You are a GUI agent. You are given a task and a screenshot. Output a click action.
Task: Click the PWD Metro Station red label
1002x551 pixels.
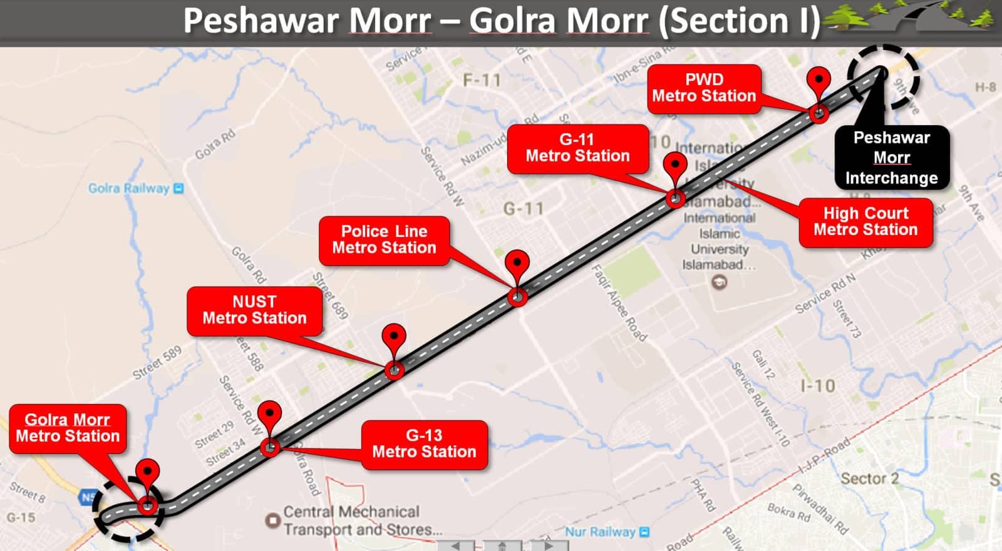pyautogui.click(x=704, y=88)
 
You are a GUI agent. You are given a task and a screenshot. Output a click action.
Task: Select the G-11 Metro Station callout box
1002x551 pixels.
pyautogui.click(x=577, y=148)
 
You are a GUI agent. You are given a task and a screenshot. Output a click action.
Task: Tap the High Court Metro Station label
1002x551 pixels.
pyautogui.click(x=865, y=222)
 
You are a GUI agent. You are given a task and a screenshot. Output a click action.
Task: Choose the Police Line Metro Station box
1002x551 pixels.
pyautogui.click(x=384, y=240)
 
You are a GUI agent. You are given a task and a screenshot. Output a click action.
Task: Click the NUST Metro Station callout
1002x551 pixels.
pyautogui.click(x=254, y=310)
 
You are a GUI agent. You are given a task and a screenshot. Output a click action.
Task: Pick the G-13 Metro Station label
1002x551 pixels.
pyautogui.click(x=424, y=444)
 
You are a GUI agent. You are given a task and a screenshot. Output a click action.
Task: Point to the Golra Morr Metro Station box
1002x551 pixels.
pyautogui.click(x=68, y=428)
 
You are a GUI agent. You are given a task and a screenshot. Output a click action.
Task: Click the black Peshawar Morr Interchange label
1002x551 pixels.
pyautogui.click(x=891, y=158)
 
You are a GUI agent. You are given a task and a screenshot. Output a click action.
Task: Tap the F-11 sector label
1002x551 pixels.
pyautogui.click(x=482, y=80)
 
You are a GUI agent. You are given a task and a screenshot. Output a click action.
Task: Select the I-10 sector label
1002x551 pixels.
pyautogui.click(x=818, y=386)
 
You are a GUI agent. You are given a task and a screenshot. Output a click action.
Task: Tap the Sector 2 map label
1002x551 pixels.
pyautogui.click(x=869, y=479)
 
